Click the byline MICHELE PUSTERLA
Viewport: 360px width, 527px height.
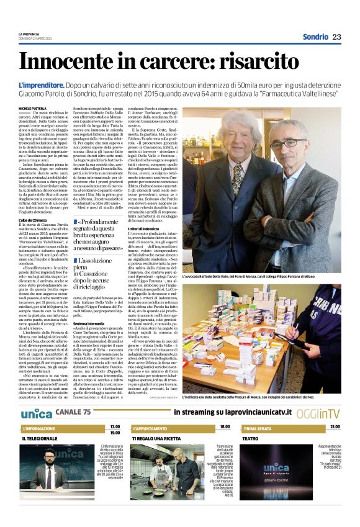point(32,108)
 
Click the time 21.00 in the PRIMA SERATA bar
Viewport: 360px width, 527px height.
point(335,427)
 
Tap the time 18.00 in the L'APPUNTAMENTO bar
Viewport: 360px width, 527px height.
point(225,427)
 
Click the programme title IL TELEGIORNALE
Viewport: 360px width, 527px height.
point(40,438)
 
